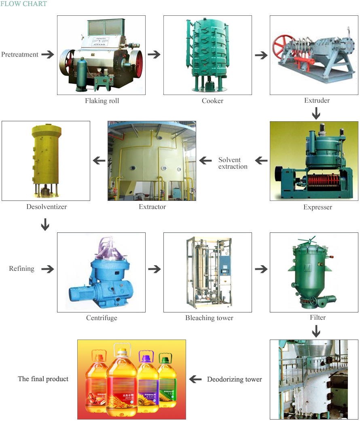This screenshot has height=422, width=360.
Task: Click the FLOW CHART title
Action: pyautogui.click(x=23, y=4)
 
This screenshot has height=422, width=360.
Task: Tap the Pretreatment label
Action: pyautogui.click(x=20, y=55)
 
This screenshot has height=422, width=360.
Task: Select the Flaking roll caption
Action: pyautogui.click(x=102, y=101)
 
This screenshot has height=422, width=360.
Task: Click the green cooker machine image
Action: pyautogui.click(x=207, y=55)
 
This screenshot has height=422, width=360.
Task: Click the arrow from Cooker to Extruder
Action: pyautogui.click(x=261, y=55)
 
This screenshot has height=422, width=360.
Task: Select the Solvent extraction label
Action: pyautogui.click(x=233, y=163)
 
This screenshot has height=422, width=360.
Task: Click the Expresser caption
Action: pyautogui.click(x=318, y=207)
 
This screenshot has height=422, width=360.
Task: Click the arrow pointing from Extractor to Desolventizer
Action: pyautogui.click(x=99, y=161)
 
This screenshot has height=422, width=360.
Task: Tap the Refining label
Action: pyautogui.click(x=21, y=268)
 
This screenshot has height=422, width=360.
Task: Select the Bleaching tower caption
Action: pyautogui.click(x=209, y=318)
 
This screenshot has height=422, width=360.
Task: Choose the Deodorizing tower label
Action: pyautogui.click(x=234, y=380)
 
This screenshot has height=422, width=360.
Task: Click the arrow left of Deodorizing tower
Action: pyautogui.click(x=195, y=379)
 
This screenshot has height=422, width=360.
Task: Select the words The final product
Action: pyautogui.click(x=43, y=379)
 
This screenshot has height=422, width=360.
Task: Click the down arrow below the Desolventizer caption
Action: pyautogui.click(x=45, y=225)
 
